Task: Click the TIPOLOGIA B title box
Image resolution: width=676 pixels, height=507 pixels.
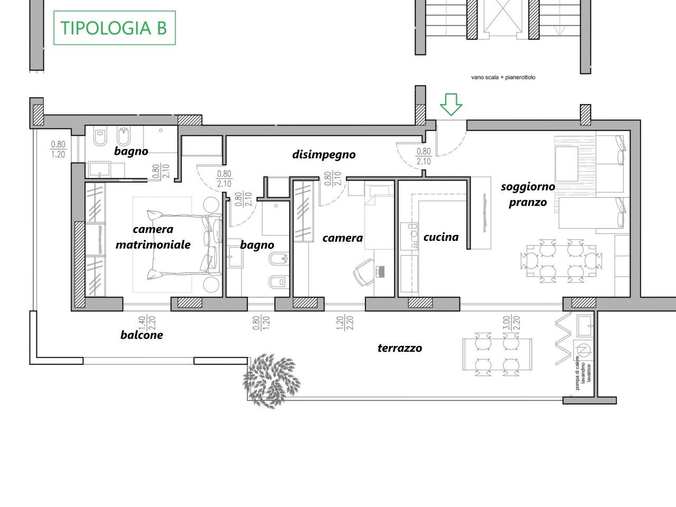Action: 115,27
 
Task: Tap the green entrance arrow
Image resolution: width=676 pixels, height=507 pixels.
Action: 451,104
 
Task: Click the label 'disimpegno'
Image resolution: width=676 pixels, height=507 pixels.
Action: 324,155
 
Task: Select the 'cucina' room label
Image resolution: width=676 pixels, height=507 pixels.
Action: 441,237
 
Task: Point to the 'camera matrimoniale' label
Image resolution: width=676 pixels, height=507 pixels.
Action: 153,237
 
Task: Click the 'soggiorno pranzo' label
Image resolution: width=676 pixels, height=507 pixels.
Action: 528,194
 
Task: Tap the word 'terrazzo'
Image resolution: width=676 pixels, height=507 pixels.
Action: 400,348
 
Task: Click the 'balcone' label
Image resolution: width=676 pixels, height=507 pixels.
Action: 142,335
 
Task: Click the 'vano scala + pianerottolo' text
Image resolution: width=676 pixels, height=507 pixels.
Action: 503,78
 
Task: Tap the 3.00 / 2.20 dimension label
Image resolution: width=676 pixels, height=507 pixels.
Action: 511,323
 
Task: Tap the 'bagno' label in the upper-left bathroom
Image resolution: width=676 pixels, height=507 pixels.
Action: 131,151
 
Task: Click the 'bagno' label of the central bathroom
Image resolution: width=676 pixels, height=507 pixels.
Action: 257,245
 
